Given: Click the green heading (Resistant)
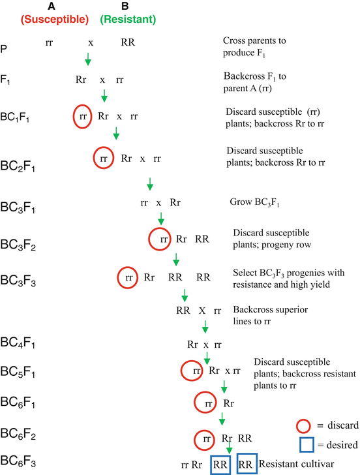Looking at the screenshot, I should [128, 19].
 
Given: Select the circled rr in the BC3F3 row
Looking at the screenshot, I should [128, 277].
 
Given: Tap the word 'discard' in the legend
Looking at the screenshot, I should [339, 425].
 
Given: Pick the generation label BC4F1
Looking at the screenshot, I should [21, 344].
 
